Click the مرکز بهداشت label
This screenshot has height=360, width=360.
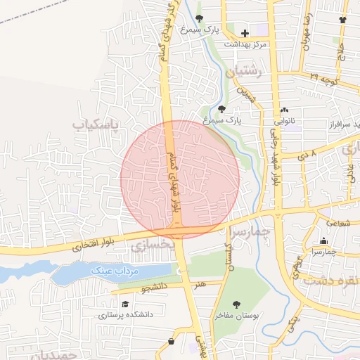246,44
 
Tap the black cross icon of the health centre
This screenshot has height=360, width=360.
245,33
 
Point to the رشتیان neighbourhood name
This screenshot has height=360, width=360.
245,71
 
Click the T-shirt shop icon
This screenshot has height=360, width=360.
342,20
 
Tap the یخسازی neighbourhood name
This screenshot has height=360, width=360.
148,244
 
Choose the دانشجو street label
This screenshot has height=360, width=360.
154,288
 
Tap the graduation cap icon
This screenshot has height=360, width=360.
125,304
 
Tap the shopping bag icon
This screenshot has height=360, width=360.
171,342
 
